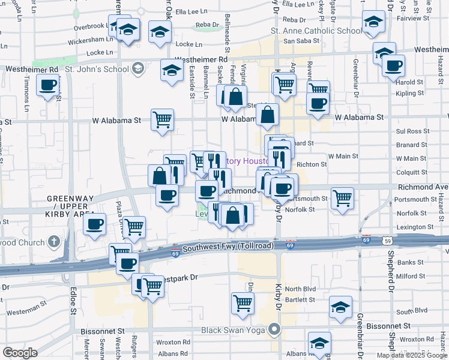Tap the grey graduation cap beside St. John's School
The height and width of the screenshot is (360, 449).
click(137, 68)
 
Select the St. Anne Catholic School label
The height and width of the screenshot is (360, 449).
click(309, 31)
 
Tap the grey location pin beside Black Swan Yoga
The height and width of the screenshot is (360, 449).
click(276, 329)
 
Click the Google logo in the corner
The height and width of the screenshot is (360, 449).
click(20, 353)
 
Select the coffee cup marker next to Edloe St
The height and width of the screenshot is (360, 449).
click(94, 226)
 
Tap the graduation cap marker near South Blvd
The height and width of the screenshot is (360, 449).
click(340, 307)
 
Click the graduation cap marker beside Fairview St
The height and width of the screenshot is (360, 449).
click(373, 23)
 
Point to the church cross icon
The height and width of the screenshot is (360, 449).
click(54, 243)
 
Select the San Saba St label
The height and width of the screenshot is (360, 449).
click(298, 41)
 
